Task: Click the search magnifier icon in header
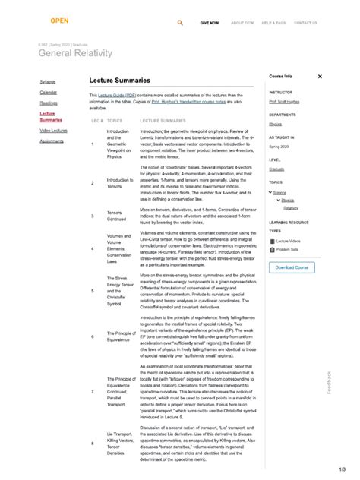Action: coord(180,23)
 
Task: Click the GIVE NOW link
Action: coord(210,23)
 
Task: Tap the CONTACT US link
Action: coord(305,23)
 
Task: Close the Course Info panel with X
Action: coord(320,77)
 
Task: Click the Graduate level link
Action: coord(277,169)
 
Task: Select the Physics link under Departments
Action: coord(275,123)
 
